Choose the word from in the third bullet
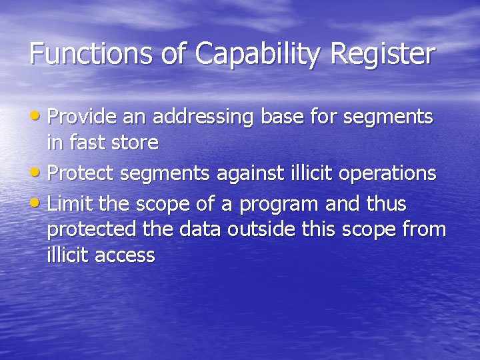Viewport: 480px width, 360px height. [x=423, y=229]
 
